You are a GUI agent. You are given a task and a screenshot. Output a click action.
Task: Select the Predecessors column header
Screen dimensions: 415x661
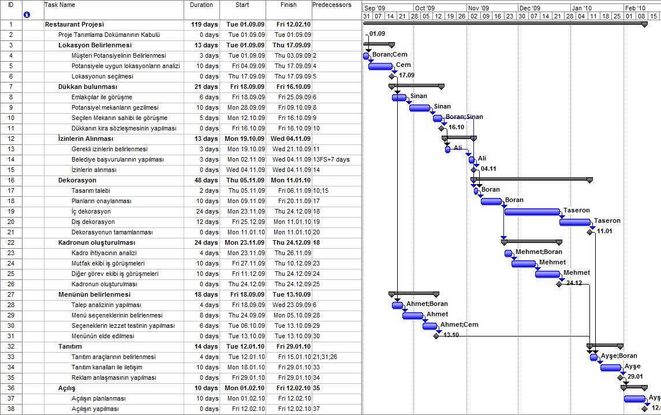[x=331, y=5]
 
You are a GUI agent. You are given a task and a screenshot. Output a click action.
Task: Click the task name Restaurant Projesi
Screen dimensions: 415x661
[x=74, y=25]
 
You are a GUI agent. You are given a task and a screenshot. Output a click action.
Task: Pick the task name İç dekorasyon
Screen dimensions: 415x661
[x=91, y=212]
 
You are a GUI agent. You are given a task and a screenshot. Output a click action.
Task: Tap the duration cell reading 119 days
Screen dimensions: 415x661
[x=204, y=25]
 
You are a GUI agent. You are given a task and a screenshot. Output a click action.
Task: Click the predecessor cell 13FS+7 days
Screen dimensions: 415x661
[x=331, y=160]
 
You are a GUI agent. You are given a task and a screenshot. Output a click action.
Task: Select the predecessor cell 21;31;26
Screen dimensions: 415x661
[x=325, y=357]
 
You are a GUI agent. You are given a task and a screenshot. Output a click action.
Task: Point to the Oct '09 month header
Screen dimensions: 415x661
[x=424, y=8]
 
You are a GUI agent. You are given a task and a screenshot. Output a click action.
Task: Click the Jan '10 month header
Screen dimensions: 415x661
[x=581, y=8]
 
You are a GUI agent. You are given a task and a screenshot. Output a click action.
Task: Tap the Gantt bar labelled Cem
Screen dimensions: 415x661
[x=380, y=66]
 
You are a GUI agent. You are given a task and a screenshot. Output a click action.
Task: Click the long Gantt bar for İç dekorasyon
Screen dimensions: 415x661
[x=532, y=212]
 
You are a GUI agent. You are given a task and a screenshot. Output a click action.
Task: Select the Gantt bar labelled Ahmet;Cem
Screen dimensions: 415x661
[x=430, y=326]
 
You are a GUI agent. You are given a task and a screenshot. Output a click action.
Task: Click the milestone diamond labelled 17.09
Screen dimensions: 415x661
[x=392, y=76]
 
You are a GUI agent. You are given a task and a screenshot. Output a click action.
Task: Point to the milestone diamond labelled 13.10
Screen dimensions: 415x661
[x=436, y=336]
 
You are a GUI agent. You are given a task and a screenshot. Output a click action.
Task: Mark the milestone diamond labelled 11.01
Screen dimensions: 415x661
[x=590, y=232]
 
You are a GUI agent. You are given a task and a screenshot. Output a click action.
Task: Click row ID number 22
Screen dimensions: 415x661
[x=11, y=243]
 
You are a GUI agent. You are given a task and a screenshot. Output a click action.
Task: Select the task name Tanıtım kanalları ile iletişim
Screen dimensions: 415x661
[x=107, y=368]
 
